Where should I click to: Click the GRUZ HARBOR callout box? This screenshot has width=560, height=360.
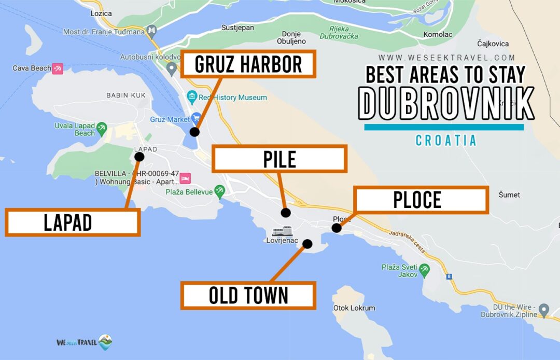[248, 64]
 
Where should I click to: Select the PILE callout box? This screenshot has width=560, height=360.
[279, 159]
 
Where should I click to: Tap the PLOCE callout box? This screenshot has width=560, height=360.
[421, 200]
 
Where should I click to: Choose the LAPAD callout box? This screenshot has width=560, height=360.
[73, 223]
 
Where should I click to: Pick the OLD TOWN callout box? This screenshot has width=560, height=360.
[248, 296]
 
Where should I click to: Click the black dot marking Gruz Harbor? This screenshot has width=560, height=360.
[194, 132]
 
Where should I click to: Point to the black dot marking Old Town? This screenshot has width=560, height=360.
[307, 243]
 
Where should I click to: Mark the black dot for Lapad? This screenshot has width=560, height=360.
[139, 156]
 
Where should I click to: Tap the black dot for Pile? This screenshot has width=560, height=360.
[286, 212]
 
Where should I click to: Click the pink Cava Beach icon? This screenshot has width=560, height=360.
[58, 68]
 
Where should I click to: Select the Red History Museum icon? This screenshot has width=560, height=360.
[192, 97]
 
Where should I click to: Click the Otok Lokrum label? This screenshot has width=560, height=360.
[354, 308]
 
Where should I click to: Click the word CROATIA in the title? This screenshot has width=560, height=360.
[446, 141]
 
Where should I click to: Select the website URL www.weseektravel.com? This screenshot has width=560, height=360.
[446, 58]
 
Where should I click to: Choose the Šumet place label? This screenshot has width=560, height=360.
[509, 195]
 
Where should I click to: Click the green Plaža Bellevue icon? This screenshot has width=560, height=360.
[220, 191]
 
